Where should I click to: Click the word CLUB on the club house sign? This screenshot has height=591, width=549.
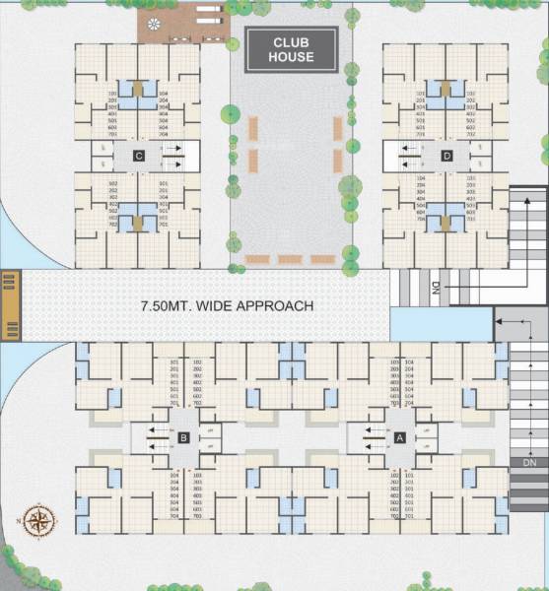[292, 42]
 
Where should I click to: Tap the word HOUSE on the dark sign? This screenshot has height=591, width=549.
[292, 57]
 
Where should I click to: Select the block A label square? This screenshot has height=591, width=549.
[400, 436]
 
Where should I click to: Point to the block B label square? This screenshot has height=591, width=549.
[183, 437]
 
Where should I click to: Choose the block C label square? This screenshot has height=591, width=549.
[140, 156]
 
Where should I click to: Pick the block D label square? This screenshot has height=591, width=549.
[446, 156]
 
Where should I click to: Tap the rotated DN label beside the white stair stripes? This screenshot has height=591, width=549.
[435, 288]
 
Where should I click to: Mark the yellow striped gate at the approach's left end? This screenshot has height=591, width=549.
[10, 305]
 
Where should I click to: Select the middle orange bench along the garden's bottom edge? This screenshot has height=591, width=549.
[290, 259]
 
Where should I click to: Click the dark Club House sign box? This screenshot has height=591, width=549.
[292, 49]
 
